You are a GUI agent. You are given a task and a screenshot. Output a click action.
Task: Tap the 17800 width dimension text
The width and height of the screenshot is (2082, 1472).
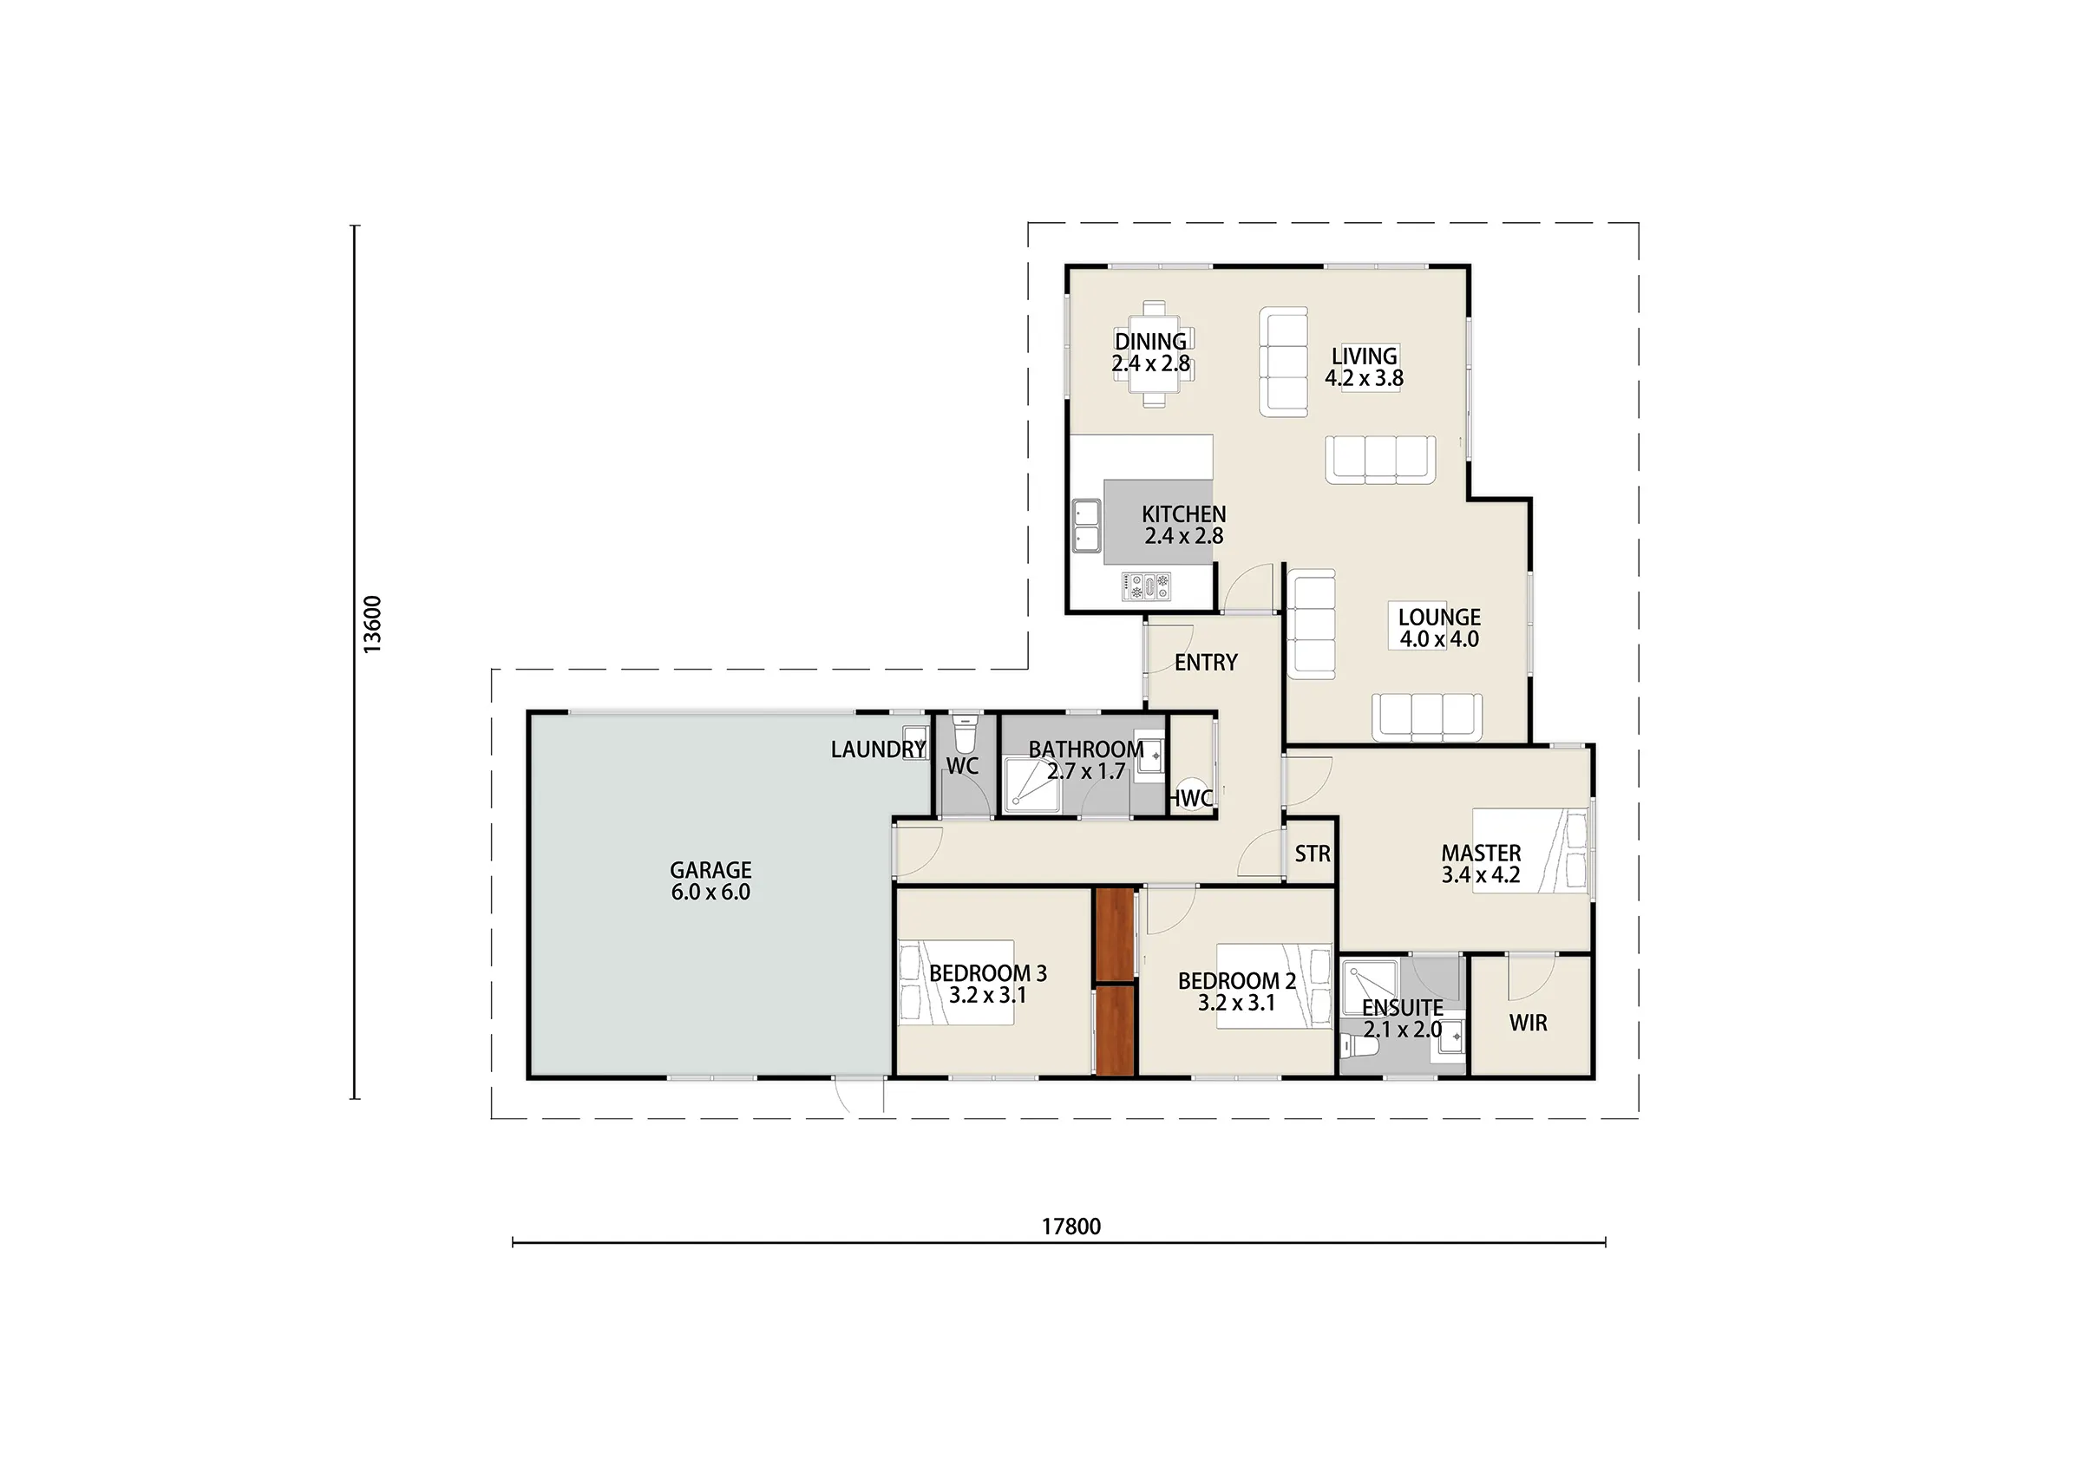coord(1070,1227)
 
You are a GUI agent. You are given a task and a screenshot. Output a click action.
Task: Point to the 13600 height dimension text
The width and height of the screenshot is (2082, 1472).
coord(373,624)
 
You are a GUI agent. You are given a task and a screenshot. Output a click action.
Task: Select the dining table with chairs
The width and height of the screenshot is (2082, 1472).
coord(1154,355)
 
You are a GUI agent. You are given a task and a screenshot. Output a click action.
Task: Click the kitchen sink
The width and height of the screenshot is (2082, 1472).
coord(1086,525)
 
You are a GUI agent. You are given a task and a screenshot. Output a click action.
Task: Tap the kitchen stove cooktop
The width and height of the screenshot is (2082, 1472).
coord(1146,586)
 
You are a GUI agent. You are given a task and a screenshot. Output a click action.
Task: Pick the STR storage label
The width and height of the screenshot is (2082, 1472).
coord(1313,854)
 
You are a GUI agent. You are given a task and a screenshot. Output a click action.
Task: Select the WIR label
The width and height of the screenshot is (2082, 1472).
coord(1528,1023)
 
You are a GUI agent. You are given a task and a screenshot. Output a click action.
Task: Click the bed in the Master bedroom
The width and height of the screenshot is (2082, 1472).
coord(1530,851)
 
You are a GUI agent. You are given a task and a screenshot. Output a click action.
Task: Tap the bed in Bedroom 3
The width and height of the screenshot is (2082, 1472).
coord(956,982)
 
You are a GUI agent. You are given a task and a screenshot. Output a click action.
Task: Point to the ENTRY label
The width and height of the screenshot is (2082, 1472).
coord(1205,663)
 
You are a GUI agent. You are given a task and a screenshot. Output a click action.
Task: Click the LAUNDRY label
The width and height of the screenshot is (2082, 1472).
coord(878,749)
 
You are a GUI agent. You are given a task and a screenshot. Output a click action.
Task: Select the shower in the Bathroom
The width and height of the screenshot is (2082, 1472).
coord(1032,782)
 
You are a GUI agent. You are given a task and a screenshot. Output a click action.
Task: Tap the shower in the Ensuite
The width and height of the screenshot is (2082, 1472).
coord(1370,987)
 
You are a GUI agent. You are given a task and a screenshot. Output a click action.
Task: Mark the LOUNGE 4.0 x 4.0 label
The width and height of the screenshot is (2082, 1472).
coord(1439,628)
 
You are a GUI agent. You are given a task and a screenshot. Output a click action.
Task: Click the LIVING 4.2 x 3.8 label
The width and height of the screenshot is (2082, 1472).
coord(1364,366)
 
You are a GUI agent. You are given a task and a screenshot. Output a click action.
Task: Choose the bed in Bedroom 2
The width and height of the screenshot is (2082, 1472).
coord(1274,986)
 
